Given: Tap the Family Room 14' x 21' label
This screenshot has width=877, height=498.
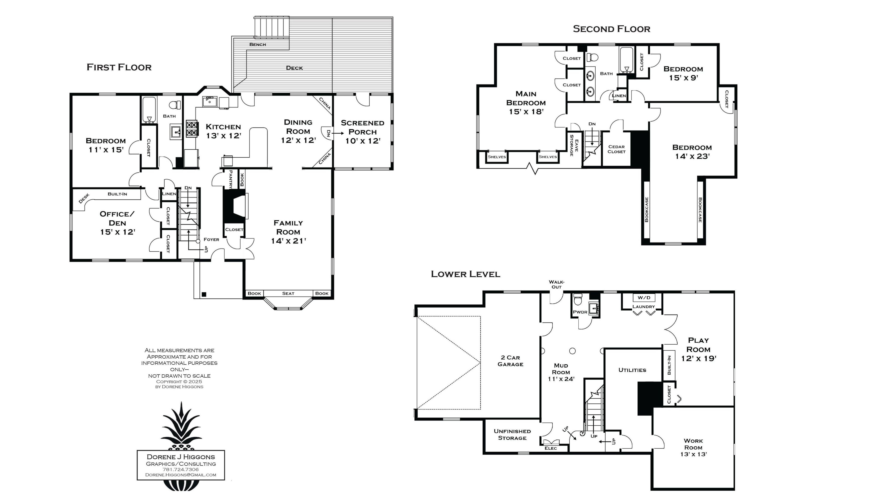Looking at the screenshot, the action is [x=288, y=232].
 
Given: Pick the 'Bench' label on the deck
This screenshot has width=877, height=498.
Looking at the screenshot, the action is [x=258, y=45].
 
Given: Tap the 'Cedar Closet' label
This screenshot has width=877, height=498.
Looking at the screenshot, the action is [x=616, y=149].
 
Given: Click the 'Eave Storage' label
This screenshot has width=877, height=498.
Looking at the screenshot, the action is [x=574, y=145].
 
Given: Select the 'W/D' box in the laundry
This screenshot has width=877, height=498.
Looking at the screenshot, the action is [x=644, y=298].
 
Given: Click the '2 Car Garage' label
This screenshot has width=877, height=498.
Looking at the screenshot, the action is [x=510, y=361].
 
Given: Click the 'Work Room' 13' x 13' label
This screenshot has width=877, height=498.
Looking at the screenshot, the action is [x=693, y=447].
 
